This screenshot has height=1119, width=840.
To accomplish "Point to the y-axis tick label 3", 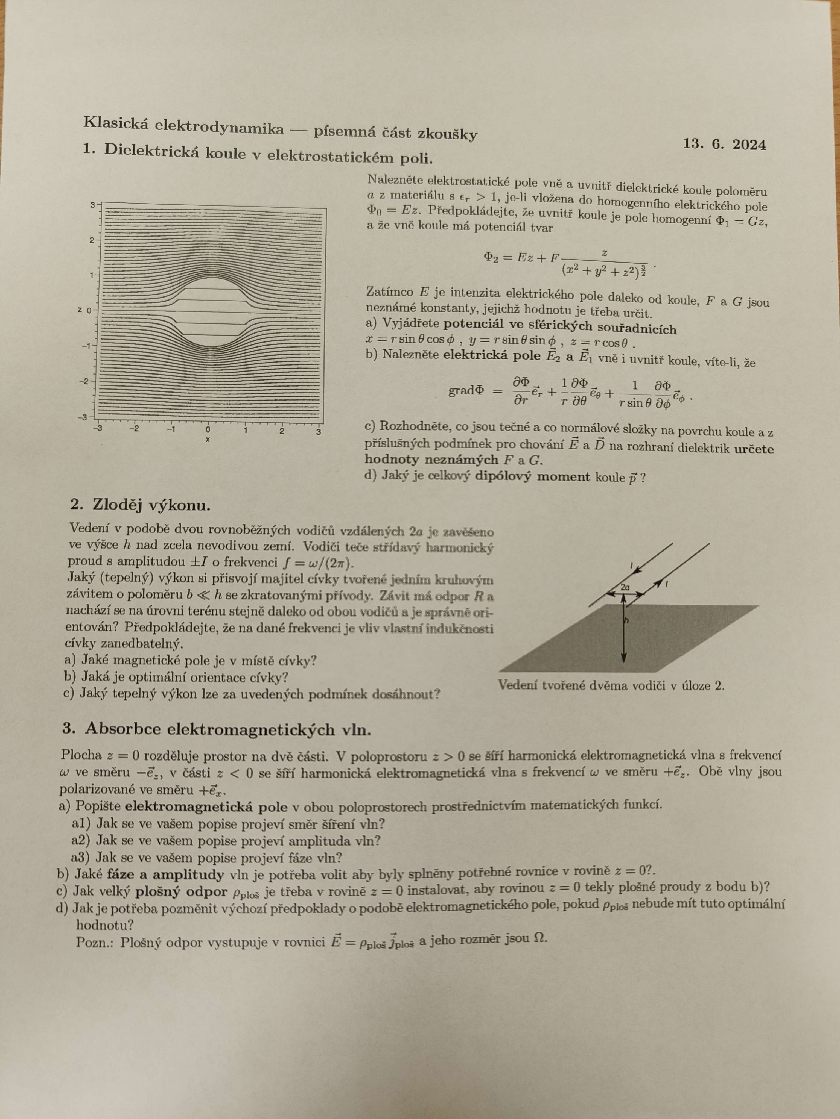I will [x=93, y=205].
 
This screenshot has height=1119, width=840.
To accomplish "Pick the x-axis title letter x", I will [x=208, y=440].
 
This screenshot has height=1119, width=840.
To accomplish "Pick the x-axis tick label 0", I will [x=208, y=430].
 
